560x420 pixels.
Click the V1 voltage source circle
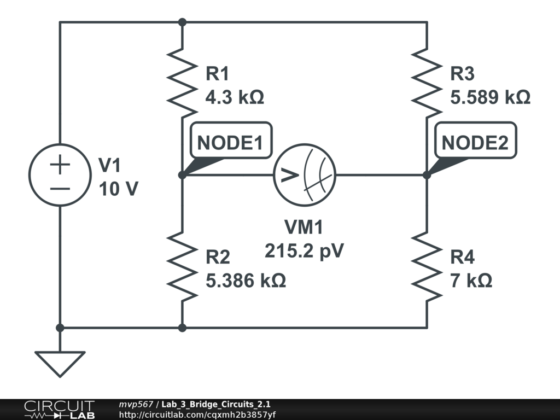tap(60, 176)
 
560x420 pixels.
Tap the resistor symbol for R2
tap(182, 265)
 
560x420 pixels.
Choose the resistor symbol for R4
tap(427, 265)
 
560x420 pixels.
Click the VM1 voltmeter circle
tap(305, 176)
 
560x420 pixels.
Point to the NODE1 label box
tap(230, 143)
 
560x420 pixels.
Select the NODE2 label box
tap(475, 143)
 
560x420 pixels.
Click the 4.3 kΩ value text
tap(235, 98)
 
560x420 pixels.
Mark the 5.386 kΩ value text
tap(246, 281)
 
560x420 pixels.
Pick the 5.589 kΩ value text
tap(490, 98)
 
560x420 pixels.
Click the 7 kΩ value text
tap(471, 281)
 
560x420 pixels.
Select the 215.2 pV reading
tap(305, 251)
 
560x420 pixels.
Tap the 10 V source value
tap(119, 189)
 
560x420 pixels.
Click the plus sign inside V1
tap(60, 165)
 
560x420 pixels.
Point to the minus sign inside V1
tap(60, 189)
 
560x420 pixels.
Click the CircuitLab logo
tap(59, 410)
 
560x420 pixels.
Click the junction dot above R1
tap(182, 22)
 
